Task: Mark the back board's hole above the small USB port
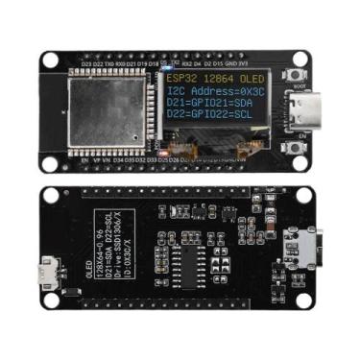[49, 195]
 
